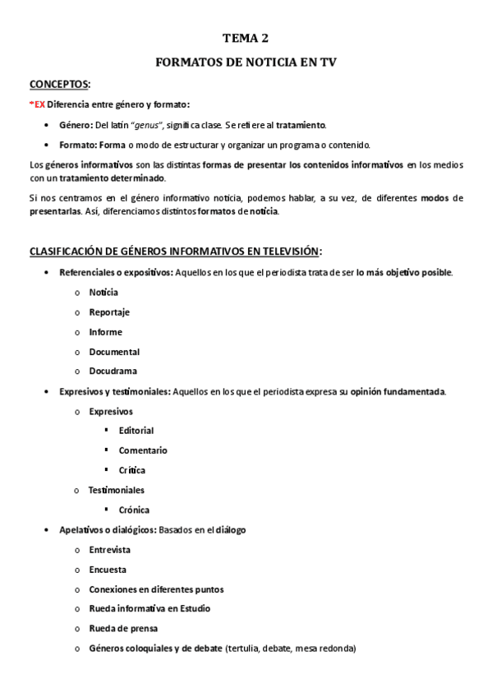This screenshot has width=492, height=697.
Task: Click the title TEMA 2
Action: click(x=246, y=38)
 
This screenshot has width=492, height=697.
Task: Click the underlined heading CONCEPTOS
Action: click(x=59, y=85)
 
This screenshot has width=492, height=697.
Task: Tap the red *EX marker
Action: click(x=37, y=104)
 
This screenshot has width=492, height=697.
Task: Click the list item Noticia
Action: click(x=103, y=293)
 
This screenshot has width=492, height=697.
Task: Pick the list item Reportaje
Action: click(x=109, y=312)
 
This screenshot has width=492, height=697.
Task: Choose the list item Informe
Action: click(x=105, y=332)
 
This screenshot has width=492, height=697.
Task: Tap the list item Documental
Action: click(x=114, y=352)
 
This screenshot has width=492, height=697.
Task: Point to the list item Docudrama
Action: click(x=113, y=372)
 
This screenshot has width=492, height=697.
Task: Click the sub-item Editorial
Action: click(x=136, y=431)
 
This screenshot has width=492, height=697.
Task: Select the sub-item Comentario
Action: click(x=143, y=450)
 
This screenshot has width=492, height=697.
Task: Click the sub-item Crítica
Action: click(x=132, y=470)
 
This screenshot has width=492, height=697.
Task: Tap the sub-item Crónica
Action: click(x=134, y=510)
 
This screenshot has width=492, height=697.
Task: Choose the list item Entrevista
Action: click(x=110, y=549)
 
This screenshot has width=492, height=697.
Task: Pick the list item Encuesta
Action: click(x=108, y=569)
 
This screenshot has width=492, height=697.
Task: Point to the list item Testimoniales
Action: click(x=117, y=490)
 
